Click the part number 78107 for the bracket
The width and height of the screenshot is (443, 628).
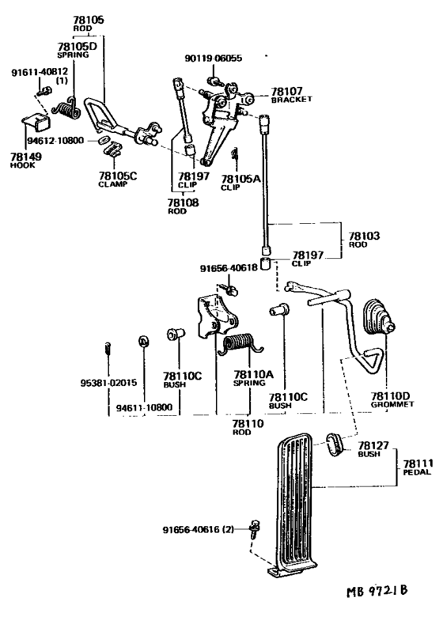pos(287,92)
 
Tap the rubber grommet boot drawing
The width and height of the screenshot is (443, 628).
pos(379,316)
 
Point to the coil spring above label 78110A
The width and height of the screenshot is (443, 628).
pos(240,344)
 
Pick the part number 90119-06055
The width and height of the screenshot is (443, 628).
pos(213,59)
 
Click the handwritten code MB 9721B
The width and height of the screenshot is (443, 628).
pos(377,591)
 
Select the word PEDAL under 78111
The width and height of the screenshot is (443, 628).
pos(417,472)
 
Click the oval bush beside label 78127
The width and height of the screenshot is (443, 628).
pos(335,444)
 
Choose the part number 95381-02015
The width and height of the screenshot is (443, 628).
pos(108,383)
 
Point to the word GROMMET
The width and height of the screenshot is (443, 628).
pos(392,404)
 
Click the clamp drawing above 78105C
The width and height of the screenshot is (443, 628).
pos(112,149)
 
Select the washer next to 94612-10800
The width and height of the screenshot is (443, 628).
pos(103,140)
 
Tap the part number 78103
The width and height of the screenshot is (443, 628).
pos(364,236)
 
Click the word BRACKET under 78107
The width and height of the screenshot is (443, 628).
pos(291,100)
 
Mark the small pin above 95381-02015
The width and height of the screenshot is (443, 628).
pos(108,348)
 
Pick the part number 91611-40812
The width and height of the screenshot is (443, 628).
pos(40,72)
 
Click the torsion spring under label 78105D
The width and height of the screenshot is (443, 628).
pos(66,108)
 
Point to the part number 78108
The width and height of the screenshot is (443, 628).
pos(183,202)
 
